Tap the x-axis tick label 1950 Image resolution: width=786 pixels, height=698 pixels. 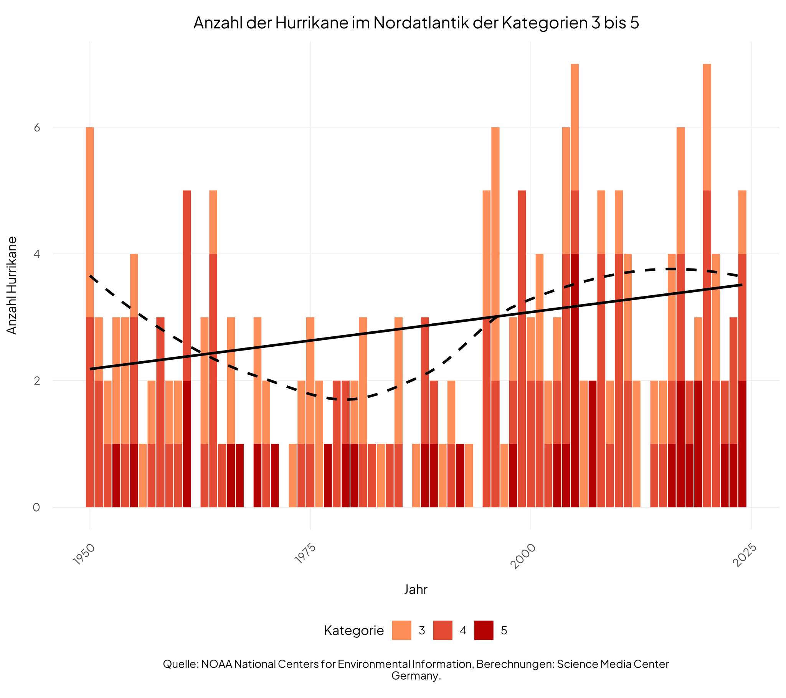point(83,554)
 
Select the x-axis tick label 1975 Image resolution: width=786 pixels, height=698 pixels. point(304,554)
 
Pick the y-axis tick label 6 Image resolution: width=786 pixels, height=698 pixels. point(37,127)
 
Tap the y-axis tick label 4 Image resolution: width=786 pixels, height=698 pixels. point(37,254)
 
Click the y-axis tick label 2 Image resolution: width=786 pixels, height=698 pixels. point(37,381)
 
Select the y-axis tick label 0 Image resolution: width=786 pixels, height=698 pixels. point(36,507)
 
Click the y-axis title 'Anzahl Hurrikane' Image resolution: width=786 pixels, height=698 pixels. point(12,285)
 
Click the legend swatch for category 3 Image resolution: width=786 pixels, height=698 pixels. point(401,631)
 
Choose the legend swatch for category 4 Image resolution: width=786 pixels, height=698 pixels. point(443,631)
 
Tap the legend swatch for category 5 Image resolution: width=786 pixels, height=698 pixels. point(484,631)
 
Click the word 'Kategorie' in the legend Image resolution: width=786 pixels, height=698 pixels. point(354,631)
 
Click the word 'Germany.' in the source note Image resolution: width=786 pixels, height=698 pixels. point(416,676)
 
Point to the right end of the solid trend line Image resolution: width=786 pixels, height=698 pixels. point(742,285)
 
